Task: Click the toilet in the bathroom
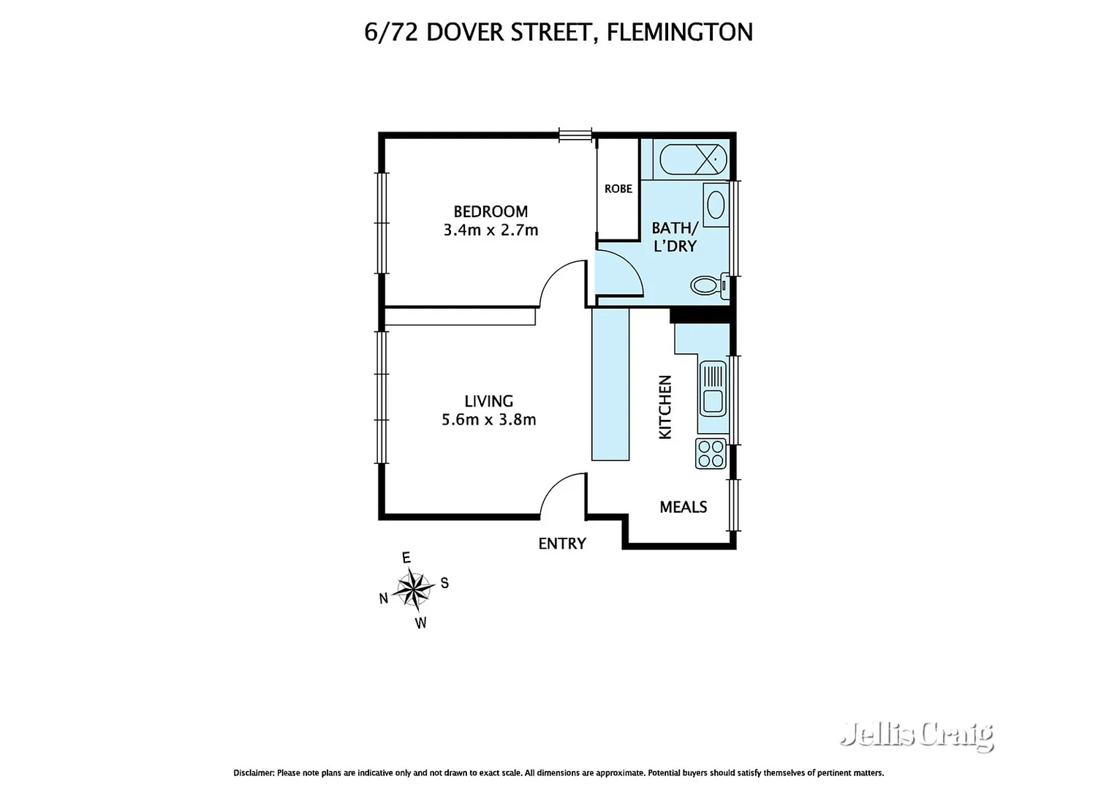tap(707, 285)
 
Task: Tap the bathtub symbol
tap(693, 159)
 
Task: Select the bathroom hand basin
tap(716, 205)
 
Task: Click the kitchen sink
tap(713, 388)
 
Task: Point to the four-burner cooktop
tap(711, 454)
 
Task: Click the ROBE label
tap(618, 189)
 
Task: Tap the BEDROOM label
tap(491, 211)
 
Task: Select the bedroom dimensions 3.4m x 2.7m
tap(491, 230)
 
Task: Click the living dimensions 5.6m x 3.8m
tap(488, 420)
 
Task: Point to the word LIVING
tap(488, 401)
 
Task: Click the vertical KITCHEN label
tap(665, 407)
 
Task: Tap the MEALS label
tap(683, 507)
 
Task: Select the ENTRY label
tap(561, 543)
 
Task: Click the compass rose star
tap(414, 589)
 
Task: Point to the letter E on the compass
tap(406, 558)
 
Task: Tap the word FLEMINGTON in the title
tap(679, 32)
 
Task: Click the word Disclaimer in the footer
tap(253, 772)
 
